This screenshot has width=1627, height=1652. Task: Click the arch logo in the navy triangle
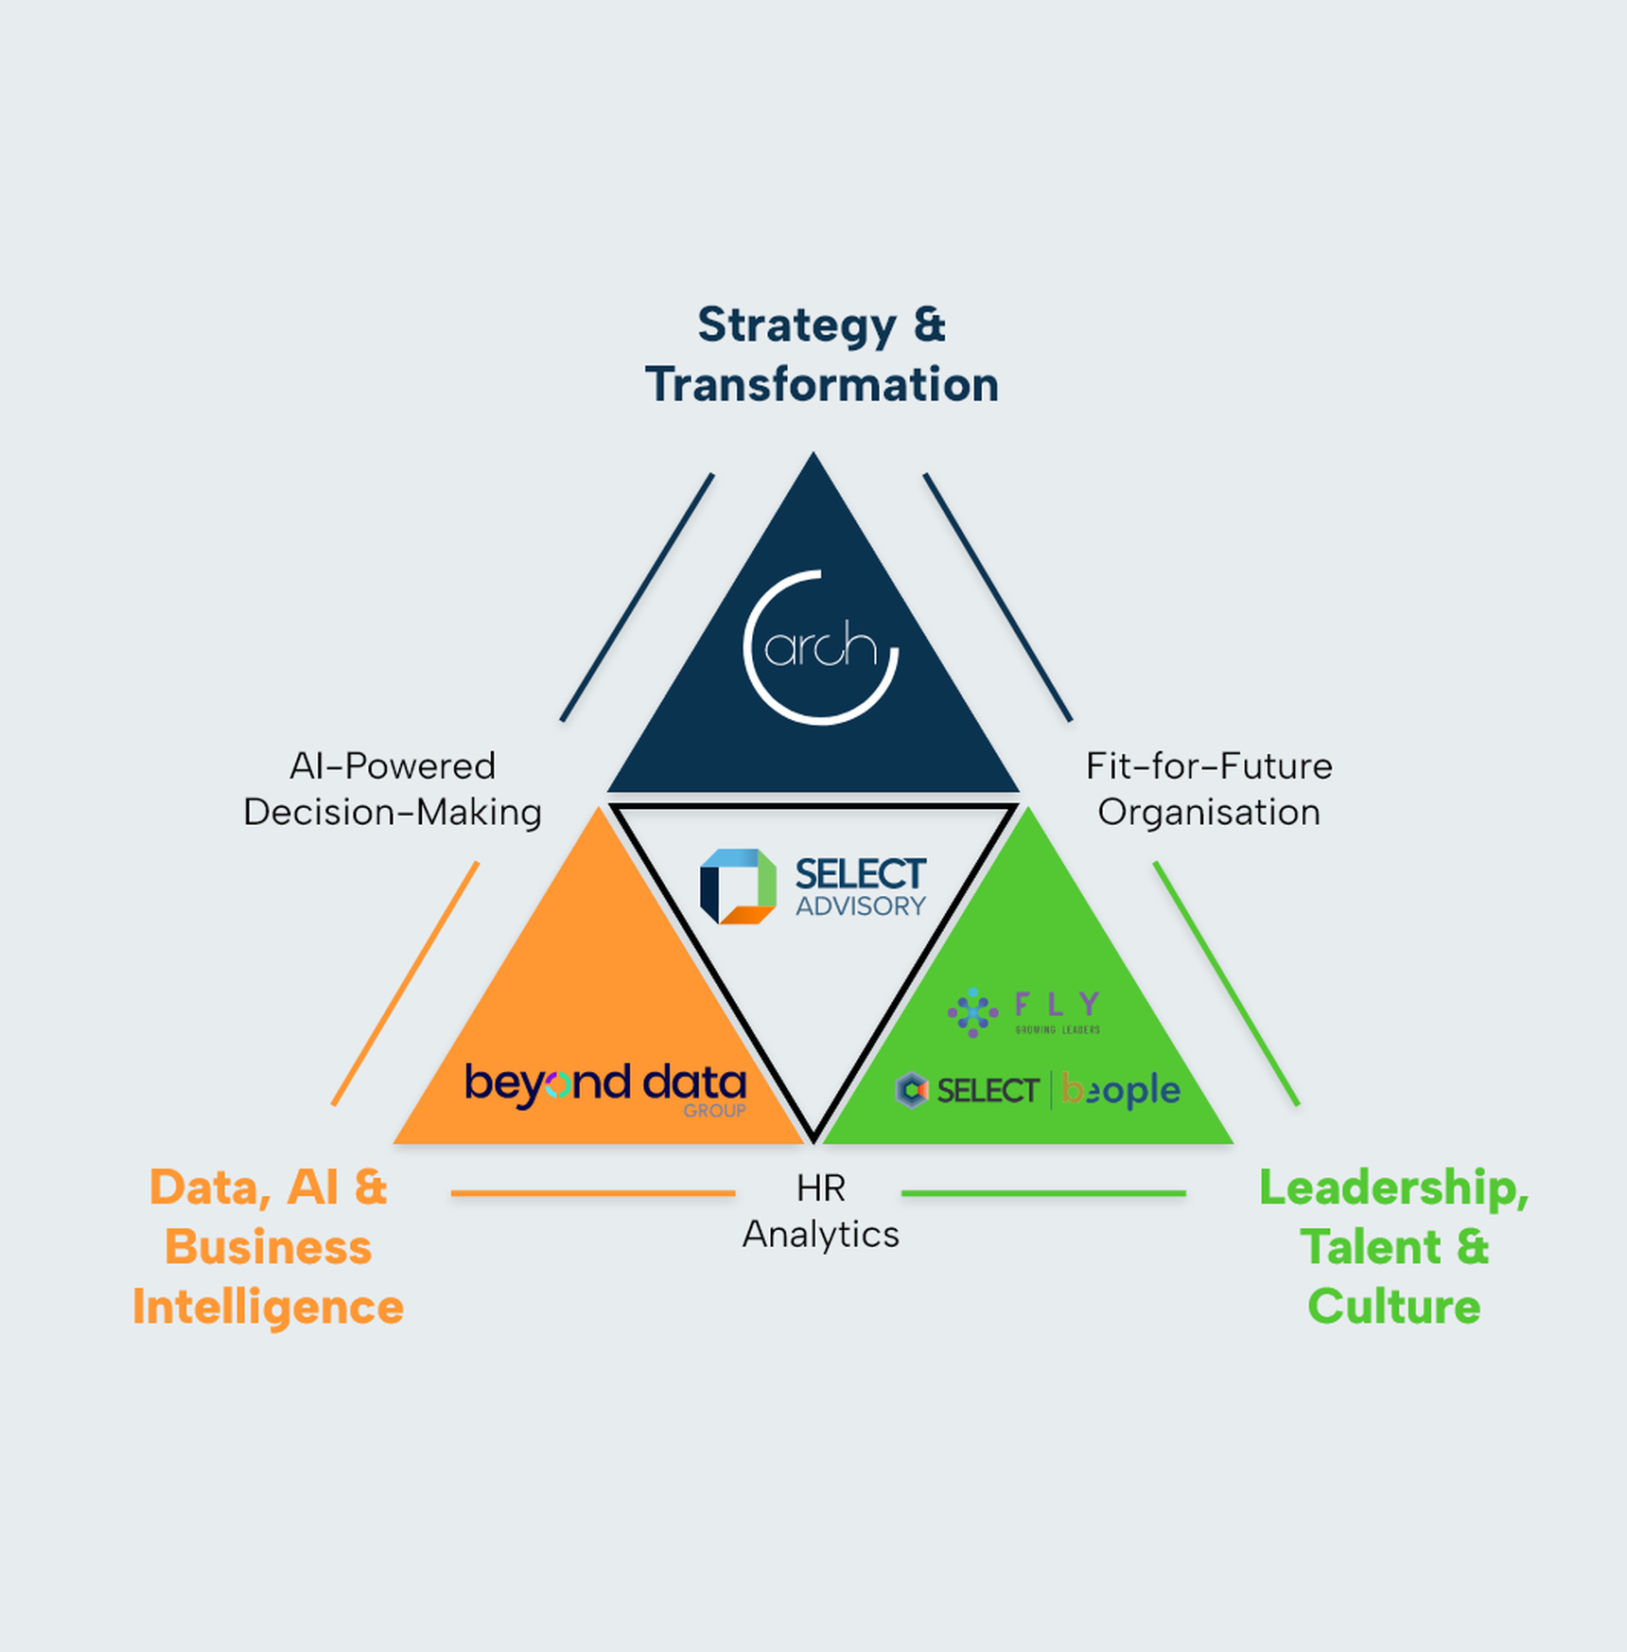(x=820, y=648)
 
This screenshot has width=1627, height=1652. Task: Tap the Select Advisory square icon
(x=738, y=886)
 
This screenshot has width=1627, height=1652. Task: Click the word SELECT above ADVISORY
(x=860, y=873)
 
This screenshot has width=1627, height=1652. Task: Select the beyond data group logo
(x=605, y=1088)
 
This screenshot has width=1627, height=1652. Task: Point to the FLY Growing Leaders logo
(x=1024, y=1011)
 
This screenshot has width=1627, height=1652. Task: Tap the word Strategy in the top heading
(x=797, y=325)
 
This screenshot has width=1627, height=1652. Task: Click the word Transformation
(x=822, y=385)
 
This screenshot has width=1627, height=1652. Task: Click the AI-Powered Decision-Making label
(x=393, y=789)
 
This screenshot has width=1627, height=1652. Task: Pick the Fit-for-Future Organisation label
(x=1209, y=789)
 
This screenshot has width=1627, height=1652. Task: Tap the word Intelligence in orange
(x=269, y=1307)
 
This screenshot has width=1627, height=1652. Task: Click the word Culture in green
(x=1393, y=1307)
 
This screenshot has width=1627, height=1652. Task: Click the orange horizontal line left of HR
(x=593, y=1193)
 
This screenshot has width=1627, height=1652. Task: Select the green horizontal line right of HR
(x=1043, y=1193)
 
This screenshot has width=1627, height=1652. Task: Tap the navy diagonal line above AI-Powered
(x=638, y=597)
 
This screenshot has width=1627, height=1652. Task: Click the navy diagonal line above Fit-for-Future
(x=998, y=597)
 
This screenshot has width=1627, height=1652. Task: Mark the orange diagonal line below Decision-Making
(x=406, y=983)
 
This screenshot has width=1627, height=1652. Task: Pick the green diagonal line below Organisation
(x=1226, y=983)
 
